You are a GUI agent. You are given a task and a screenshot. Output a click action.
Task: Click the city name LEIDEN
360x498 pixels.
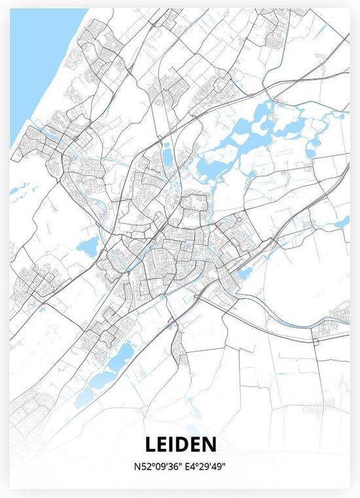tap(179, 445)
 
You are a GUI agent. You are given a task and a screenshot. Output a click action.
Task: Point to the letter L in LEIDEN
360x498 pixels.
tap(149, 445)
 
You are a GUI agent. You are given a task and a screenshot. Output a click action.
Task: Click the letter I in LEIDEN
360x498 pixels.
tap(171, 445)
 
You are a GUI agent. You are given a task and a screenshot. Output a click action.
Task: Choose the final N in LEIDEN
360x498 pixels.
tap(209, 445)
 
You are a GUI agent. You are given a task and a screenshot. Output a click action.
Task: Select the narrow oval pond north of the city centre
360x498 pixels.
tap(166, 155)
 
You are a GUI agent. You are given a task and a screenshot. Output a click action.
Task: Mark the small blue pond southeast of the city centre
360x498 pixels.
tap(244, 274)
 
